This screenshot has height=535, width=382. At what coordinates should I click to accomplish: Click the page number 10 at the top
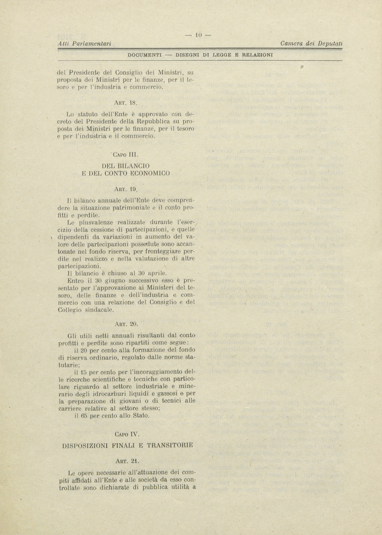pos(198,35)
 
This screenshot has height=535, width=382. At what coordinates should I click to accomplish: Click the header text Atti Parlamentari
pos(85,44)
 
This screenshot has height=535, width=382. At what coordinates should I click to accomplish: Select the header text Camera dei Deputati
pos(311,44)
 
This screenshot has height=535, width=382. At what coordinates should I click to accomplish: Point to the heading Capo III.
pos(126,154)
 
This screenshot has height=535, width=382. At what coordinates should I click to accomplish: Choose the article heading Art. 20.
pos(126,324)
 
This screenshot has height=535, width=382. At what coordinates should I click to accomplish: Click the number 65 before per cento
pos(84,415)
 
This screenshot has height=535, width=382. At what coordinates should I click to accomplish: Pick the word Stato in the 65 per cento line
pos(141,415)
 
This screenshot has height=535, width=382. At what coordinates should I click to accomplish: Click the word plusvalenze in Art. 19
pos(97,222)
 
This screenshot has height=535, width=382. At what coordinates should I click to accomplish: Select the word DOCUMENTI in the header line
pos(144,55)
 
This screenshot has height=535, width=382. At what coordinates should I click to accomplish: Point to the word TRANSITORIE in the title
pos(170,445)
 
